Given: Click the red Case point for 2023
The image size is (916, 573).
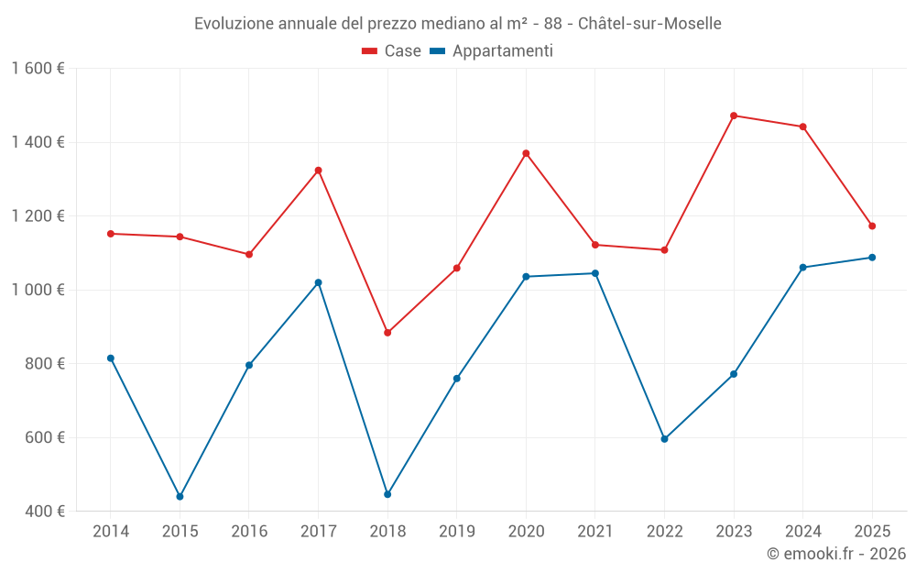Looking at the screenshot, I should tap(734, 116).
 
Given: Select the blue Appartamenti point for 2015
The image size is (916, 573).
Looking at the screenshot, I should tap(180, 496).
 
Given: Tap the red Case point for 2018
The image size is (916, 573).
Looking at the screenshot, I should tap(387, 333).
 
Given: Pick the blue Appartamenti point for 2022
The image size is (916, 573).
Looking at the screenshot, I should tap(664, 439).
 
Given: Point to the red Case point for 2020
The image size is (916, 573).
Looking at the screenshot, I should tap(526, 153).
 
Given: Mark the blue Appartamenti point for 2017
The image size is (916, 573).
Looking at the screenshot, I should tap(318, 282).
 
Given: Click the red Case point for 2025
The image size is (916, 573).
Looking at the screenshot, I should tap(872, 226).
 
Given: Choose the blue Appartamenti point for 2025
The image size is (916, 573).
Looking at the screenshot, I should tap(872, 258).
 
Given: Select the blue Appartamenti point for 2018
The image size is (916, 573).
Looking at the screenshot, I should tap(387, 494).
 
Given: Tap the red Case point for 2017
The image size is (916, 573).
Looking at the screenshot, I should tap(318, 171).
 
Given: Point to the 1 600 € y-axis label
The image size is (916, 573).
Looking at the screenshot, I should tap(38, 69).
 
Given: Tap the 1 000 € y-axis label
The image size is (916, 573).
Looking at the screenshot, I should tap(38, 290).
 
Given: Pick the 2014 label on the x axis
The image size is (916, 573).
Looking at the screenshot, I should tap(111, 532).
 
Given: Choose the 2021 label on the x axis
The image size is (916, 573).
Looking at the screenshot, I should tap(595, 532).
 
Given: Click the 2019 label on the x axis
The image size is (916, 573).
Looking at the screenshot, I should tap(456, 532).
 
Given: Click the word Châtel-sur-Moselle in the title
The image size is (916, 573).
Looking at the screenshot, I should tap(649, 24).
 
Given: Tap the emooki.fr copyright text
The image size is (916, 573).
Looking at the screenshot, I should tap(835, 554).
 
